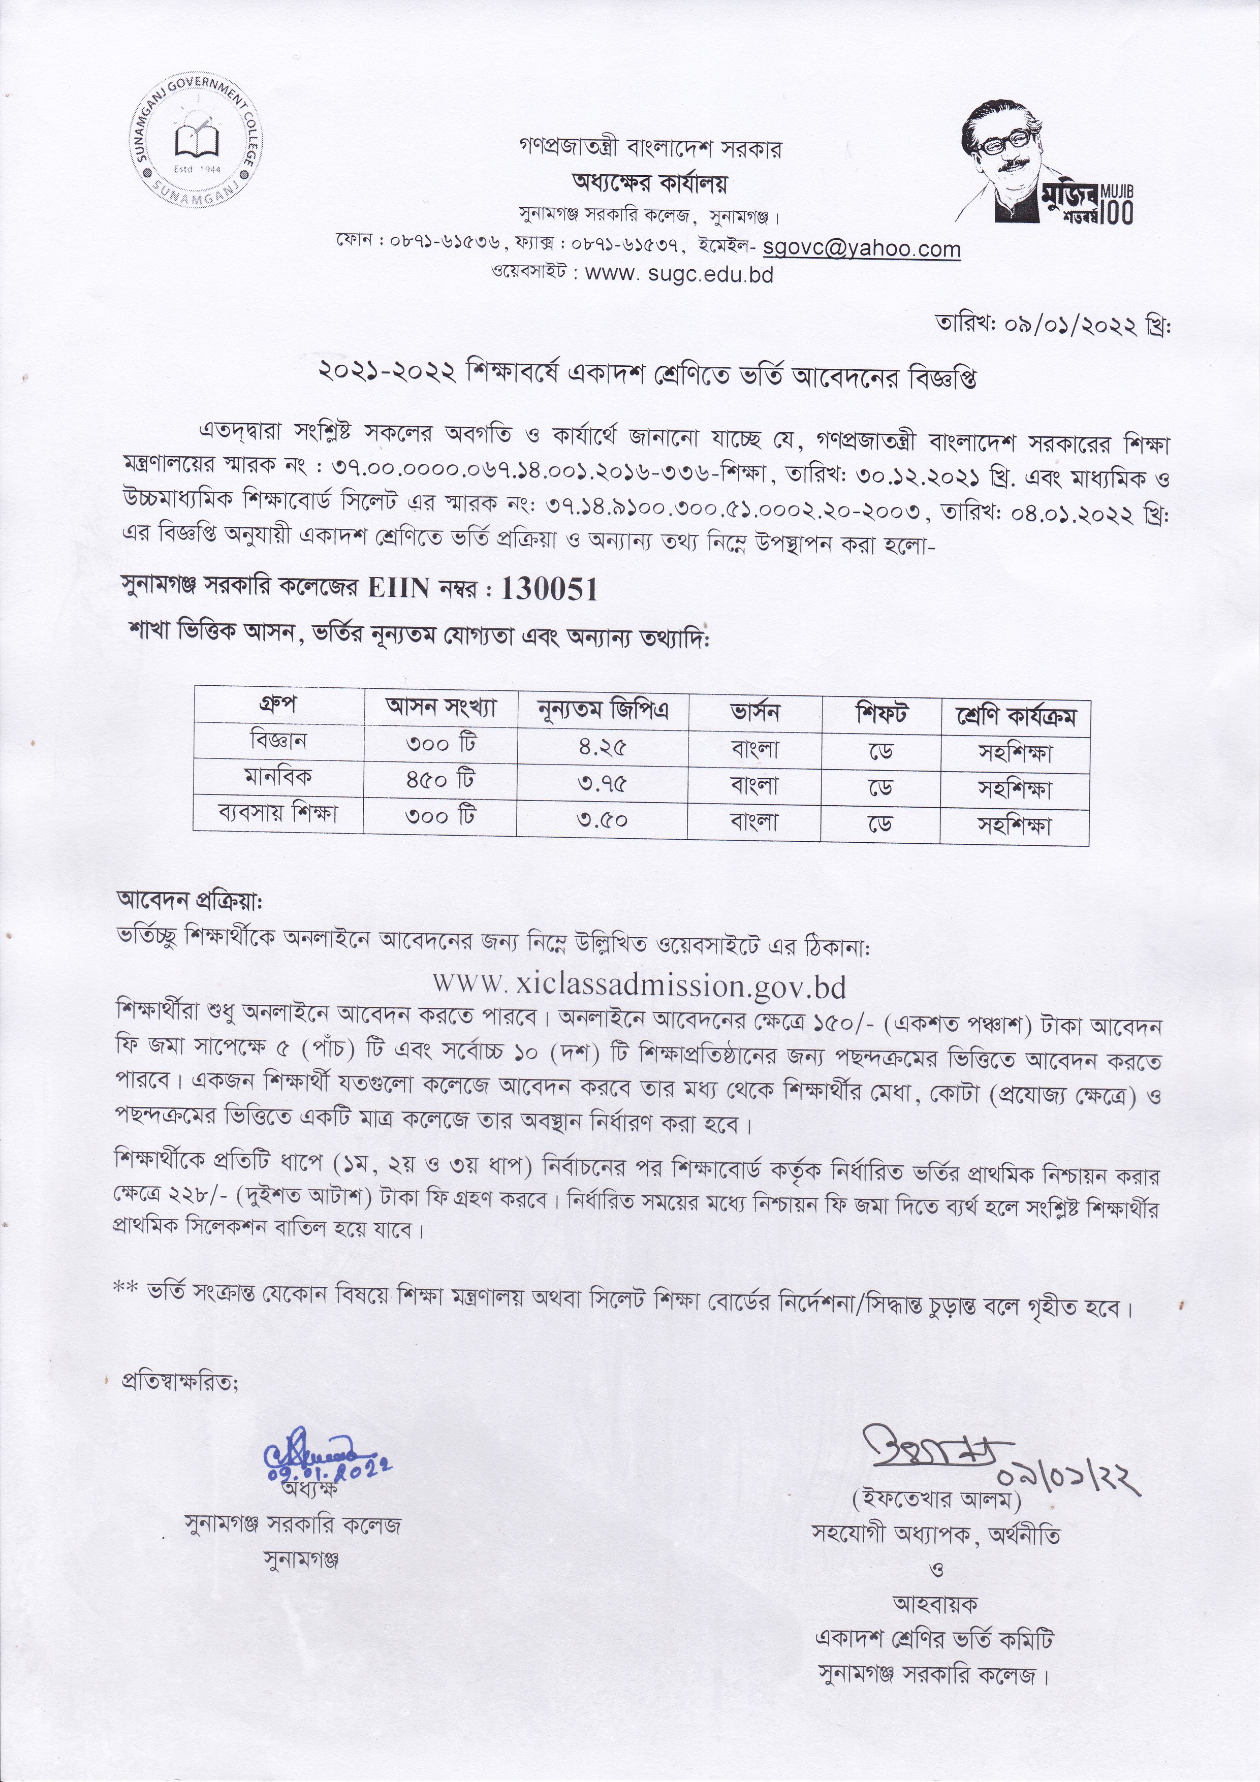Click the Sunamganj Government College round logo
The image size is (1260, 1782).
click(x=197, y=145)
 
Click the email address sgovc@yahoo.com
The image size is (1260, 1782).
click(x=862, y=248)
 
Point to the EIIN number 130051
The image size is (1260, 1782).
click(x=550, y=591)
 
